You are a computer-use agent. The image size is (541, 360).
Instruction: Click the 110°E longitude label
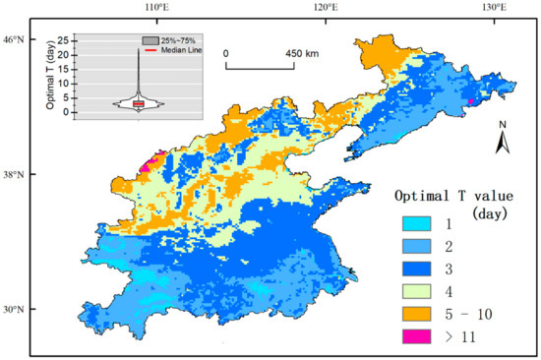[156, 7]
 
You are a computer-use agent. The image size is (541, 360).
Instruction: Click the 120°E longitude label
[325, 7]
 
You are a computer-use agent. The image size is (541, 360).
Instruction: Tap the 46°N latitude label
[14, 39]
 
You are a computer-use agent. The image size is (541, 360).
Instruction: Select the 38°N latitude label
[14, 175]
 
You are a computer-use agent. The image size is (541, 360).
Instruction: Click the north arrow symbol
[503, 142]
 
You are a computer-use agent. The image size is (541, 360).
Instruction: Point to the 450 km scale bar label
[301, 53]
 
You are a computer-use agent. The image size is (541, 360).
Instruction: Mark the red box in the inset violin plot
[139, 103]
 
